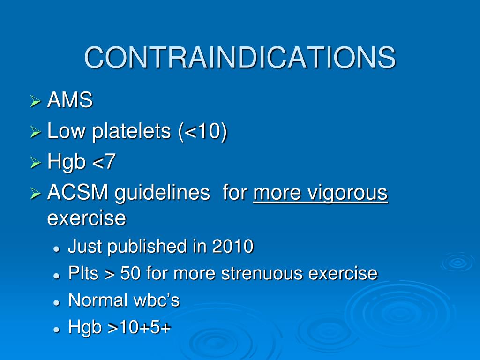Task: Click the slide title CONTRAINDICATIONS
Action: click(240, 58)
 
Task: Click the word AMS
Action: click(70, 101)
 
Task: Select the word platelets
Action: click(132, 132)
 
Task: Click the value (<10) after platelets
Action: click(202, 132)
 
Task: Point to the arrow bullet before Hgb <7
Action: click(36, 163)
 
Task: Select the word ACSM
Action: click(76, 193)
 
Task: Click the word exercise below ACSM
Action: click(87, 218)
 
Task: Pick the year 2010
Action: click(232, 246)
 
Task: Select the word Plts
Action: click(83, 273)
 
